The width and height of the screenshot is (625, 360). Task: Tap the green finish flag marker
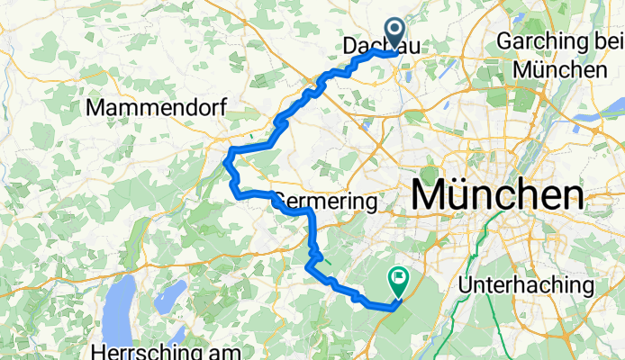pos(398,281)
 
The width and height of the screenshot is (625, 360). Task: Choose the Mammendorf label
pos(155,108)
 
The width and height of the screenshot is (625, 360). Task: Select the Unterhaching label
pos(526,285)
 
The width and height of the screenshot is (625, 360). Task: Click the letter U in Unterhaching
pos(465,285)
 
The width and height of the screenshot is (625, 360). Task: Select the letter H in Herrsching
pos(99,351)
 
